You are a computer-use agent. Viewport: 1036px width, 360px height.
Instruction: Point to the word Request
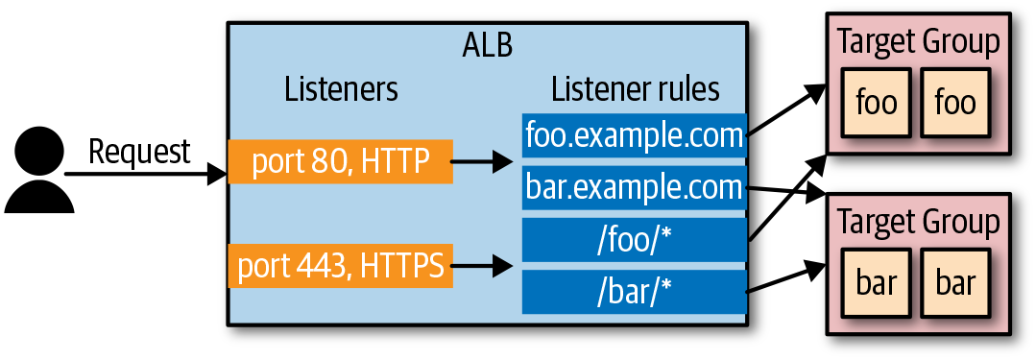[139, 152]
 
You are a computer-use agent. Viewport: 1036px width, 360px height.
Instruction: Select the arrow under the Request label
[144, 175]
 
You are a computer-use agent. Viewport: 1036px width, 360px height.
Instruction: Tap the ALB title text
[487, 46]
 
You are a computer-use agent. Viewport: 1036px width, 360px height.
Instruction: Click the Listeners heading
[341, 90]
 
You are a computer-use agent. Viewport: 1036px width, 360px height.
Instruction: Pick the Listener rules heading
[636, 90]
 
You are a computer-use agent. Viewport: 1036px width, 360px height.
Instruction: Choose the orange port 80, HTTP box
[340, 161]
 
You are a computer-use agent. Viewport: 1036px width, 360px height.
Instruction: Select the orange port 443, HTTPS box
[340, 266]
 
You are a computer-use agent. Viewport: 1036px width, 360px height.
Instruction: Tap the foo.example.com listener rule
[635, 135]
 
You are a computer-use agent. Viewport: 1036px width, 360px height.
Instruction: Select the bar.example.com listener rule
[635, 187]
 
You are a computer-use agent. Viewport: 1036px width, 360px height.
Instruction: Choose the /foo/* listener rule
[635, 239]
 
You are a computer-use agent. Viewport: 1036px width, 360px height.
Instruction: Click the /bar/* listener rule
[635, 291]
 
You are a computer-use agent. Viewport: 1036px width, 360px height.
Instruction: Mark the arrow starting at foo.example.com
[785, 108]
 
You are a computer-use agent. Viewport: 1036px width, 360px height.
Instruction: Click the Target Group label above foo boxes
[918, 42]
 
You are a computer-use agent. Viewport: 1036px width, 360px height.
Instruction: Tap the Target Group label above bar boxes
[918, 223]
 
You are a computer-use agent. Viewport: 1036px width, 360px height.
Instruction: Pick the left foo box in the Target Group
[875, 102]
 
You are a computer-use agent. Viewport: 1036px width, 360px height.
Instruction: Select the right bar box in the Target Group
[955, 284]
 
